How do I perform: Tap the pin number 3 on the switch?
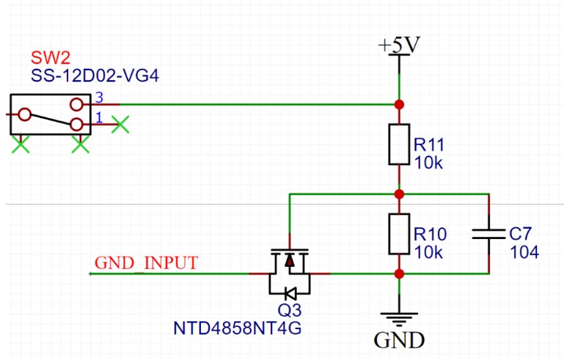tap(99, 98)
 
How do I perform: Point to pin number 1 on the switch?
tap(99, 118)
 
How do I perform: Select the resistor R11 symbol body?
tap(399, 144)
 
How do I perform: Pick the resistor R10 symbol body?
tap(399, 235)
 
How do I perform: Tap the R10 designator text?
tap(428, 234)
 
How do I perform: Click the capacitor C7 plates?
tap(488, 235)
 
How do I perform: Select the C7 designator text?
tap(520, 234)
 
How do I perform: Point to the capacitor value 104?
tap(524, 252)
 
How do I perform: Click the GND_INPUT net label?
tap(146, 263)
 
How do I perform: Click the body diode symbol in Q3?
tap(290, 293)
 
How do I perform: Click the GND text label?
tap(399, 340)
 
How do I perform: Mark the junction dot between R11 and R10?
tap(399, 194)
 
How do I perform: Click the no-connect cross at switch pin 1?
tap(121, 125)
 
